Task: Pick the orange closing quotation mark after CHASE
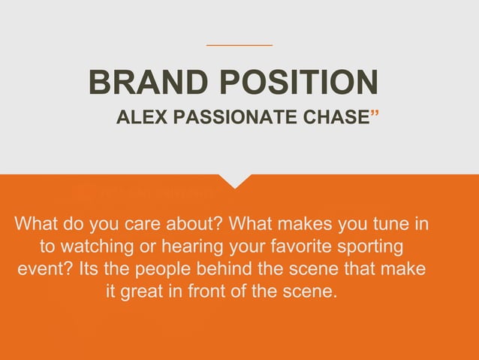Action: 375,114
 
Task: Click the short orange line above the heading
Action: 239,45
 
